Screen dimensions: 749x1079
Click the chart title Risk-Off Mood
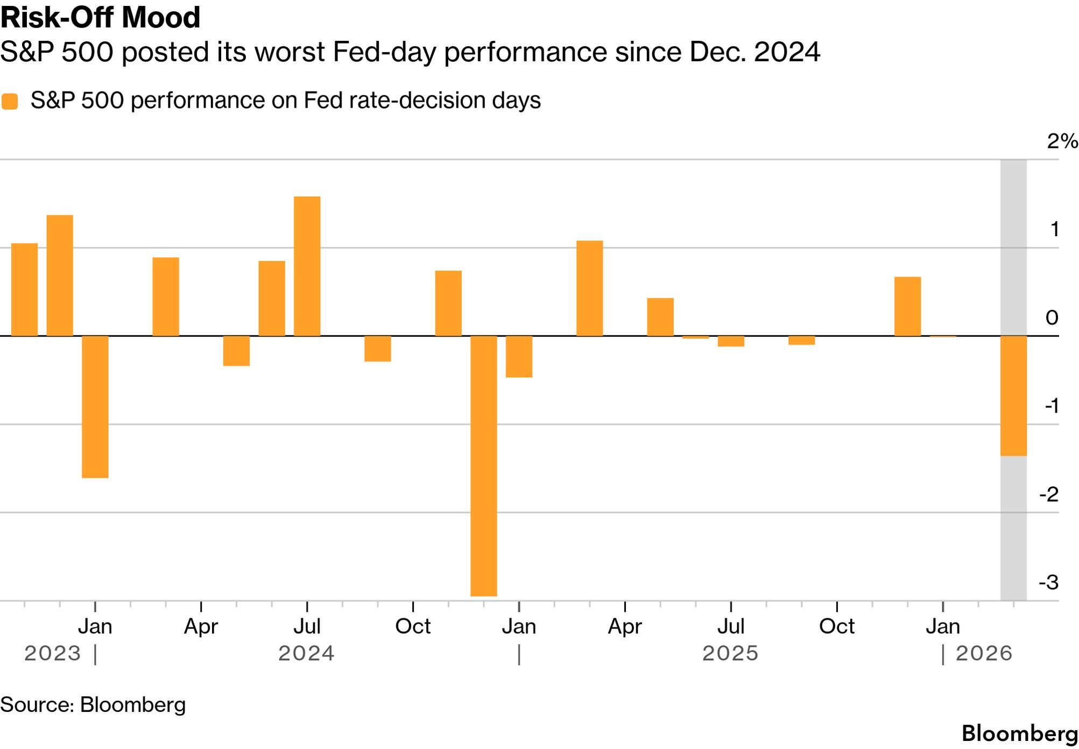tap(101, 17)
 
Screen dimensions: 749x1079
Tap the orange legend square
tap(10, 101)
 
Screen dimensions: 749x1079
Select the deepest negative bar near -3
tap(483, 465)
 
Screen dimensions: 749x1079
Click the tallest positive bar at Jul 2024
tap(307, 266)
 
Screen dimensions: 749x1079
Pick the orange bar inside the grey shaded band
tap(1013, 395)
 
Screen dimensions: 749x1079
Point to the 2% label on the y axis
tap(1062, 142)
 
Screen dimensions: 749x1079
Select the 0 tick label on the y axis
tap(1052, 317)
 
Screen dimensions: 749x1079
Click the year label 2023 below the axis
tap(52, 654)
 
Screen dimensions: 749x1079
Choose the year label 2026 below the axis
tap(984, 654)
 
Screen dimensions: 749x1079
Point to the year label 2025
tap(730, 654)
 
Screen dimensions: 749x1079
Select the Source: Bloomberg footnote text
tap(93, 705)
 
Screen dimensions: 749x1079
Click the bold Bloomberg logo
tap(1019, 734)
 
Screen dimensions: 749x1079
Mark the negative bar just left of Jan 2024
tap(95, 406)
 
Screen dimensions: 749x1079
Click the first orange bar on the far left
tap(25, 289)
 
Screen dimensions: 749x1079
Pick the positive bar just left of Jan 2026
tap(907, 307)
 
